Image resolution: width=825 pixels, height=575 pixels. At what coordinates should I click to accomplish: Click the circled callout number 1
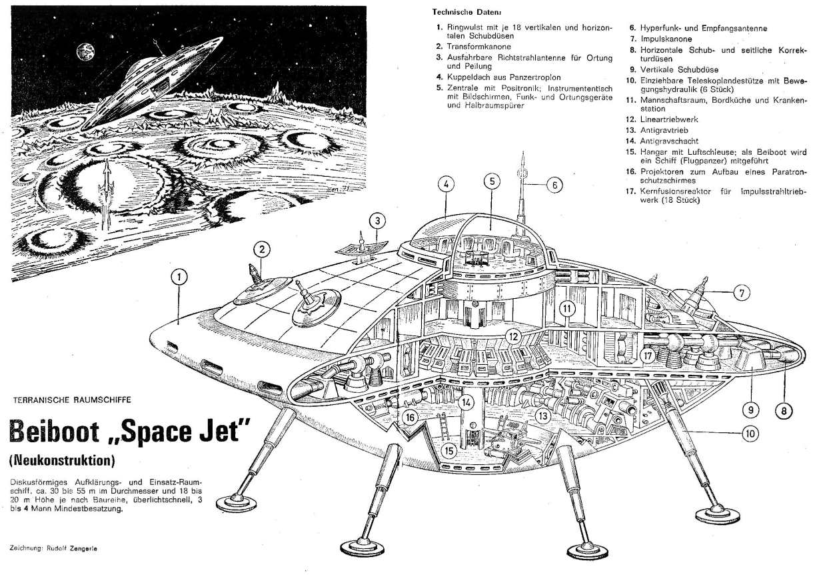[179, 276]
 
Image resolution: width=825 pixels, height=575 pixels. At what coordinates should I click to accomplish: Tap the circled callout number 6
[554, 185]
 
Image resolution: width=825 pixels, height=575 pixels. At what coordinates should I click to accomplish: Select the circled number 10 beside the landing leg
[750, 433]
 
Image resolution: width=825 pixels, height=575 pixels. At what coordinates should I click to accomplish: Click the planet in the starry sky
[85, 49]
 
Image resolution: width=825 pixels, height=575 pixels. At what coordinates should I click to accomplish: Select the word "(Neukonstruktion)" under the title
[63, 460]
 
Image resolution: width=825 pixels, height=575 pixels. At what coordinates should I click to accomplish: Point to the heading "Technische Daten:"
[466, 12]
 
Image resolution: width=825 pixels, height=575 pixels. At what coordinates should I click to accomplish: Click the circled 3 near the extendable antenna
[377, 220]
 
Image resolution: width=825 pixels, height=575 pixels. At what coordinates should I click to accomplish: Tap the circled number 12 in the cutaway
[512, 336]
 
